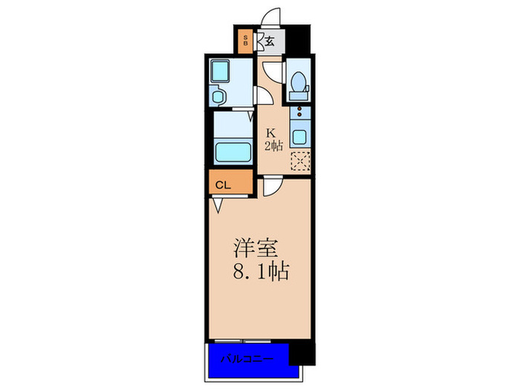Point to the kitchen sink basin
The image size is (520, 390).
point(299,137)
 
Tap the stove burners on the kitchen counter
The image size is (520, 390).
point(299,114)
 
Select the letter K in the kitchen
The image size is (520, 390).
point(272,134)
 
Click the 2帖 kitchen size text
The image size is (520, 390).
point(273,146)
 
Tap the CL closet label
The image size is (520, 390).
point(222,185)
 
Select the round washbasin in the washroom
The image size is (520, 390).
point(219,95)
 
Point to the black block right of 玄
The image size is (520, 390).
point(299,36)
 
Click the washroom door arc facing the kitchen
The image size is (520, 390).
point(264,96)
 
